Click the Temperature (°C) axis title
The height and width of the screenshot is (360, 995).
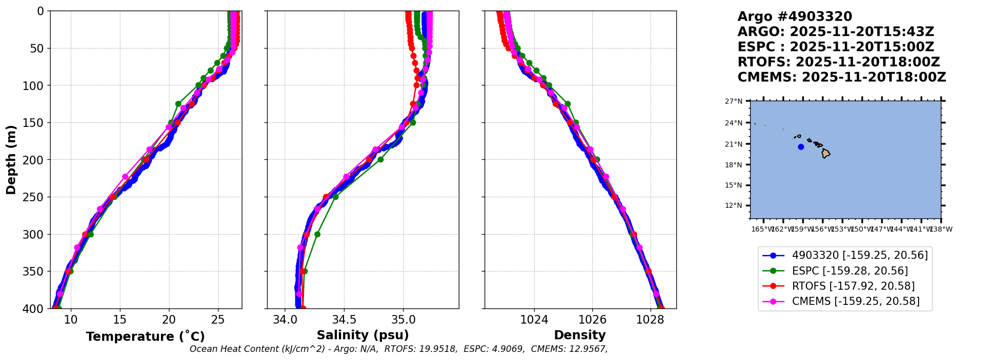[145, 337]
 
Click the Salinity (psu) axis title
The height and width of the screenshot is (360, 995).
[363, 335]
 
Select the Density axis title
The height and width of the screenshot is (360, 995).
[580, 335]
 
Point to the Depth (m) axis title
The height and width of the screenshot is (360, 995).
[11, 160]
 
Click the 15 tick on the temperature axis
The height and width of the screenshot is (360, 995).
[120, 320]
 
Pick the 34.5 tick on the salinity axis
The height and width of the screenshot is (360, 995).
[344, 320]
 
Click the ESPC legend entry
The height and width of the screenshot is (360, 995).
[849, 271]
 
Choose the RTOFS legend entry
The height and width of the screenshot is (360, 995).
[853, 286]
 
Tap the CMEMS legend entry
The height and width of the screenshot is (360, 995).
[855, 301]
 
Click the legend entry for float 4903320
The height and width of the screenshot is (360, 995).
[859, 256]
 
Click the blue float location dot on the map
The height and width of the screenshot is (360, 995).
[801, 147]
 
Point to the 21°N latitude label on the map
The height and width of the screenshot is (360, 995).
[733, 144]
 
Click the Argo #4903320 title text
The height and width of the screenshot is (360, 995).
[795, 17]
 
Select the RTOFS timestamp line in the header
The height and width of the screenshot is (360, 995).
[838, 62]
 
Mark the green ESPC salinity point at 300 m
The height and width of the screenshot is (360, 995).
[317, 234]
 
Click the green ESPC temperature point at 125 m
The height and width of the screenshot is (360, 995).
[178, 104]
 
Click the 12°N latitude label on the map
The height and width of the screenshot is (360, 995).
[733, 206]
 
